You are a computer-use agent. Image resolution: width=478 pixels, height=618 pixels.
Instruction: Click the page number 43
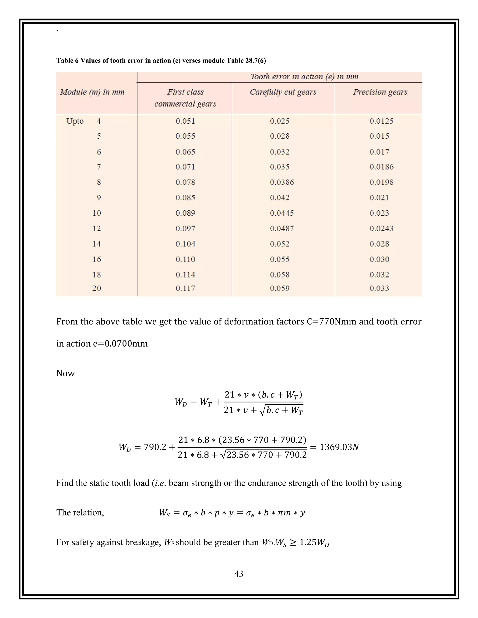[239, 574]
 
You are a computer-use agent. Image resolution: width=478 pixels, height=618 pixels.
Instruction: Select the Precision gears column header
[380, 92]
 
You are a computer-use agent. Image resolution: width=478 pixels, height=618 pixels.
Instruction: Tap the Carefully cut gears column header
[283, 92]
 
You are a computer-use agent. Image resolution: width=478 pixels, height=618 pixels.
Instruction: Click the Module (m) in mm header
[92, 92]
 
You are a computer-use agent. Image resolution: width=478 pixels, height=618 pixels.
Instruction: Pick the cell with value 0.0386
[282, 182]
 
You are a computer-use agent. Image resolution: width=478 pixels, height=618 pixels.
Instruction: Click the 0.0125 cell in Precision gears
[381, 121]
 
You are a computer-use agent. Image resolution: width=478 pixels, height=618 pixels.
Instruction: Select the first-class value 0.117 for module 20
[185, 288]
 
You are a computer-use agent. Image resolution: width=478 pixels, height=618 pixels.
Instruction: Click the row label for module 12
[97, 228]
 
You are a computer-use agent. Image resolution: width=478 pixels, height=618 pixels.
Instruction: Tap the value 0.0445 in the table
[282, 213]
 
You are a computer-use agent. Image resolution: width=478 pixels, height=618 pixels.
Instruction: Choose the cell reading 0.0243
[381, 228]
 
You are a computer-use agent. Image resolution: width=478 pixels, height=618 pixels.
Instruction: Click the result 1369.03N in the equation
[339, 447]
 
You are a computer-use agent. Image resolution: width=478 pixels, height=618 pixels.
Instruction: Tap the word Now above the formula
[65, 373]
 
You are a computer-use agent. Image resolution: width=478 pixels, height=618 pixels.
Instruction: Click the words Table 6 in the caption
[67, 61]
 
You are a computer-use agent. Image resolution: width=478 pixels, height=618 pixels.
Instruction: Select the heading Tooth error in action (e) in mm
[304, 77]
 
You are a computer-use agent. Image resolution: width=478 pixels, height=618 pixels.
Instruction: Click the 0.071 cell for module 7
[185, 167]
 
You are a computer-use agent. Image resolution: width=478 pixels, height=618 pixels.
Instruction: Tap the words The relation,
[80, 512]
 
